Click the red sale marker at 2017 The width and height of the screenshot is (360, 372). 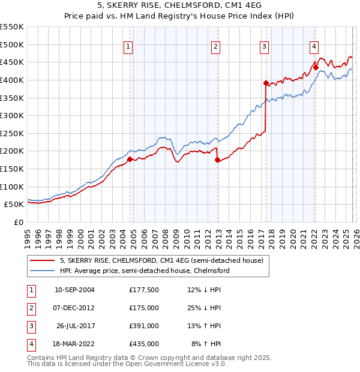tap(266, 83)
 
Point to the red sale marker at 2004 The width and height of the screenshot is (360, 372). tap(130, 159)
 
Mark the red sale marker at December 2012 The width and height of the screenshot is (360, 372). tap(217, 160)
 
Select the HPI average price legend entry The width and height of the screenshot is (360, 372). tap(145, 271)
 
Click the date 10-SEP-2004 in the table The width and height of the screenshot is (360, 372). tap(74, 290)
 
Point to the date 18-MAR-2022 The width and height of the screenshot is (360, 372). tap(74, 344)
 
